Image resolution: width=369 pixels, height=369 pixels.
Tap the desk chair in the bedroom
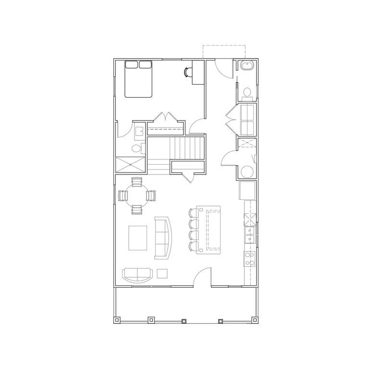(187, 72)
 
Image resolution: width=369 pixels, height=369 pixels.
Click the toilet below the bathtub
(247, 92)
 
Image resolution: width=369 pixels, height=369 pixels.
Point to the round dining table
(137, 196)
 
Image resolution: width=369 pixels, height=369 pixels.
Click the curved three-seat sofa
(163, 238)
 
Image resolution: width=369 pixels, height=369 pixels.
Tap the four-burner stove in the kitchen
(250, 259)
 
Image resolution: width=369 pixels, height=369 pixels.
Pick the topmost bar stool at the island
(193, 213)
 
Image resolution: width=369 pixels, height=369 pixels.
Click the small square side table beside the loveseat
(162, 273)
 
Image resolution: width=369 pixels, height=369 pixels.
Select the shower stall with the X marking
(130, 164)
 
